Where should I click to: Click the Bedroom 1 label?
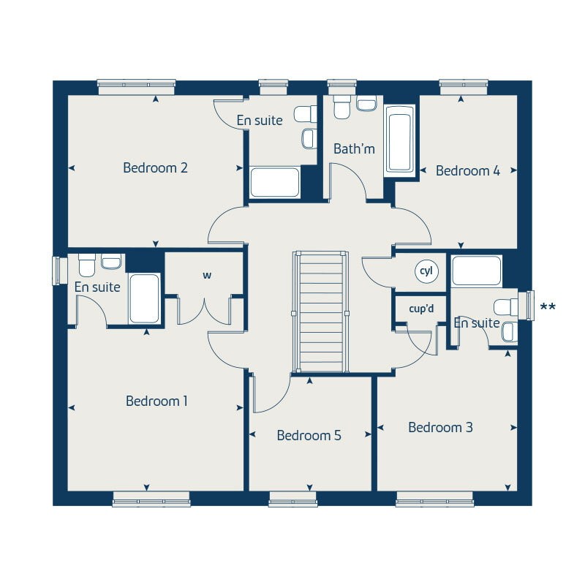click(x=156, y=401)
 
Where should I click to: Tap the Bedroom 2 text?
click(x=155, y=167)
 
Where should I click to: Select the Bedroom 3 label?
click(x=440, y=427)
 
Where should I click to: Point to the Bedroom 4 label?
click(x=468, y=170)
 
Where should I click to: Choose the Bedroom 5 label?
click(x=309, y=435)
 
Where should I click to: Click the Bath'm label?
click(x=354, y=149)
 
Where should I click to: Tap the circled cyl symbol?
click(x=426, y=271)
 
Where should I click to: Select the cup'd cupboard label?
click(x=421, y=308)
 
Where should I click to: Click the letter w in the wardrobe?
click(x=207, y=276)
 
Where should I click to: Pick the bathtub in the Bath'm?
click(x=399, y=139)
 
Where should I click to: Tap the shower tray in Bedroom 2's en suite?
click(x=274, y=182)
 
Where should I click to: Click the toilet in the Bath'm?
click(x=341, y=107)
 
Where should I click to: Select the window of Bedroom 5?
click(x=292, y=499)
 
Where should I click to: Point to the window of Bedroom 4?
click(x=464, y=86)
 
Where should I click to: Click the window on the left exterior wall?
click(x=58, y=270)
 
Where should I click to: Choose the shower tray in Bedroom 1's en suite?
click(x=144, y=298)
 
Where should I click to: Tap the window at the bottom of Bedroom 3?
click(x=435, y=499)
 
